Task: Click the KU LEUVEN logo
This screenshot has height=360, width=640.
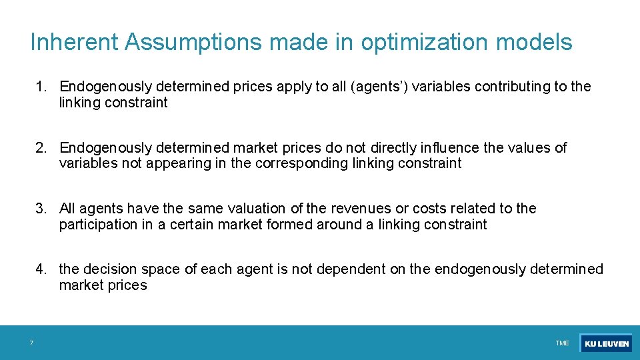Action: pyautogui.click(x=606, y=343)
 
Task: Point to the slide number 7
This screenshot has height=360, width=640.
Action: pyautogui.click(x=31, y=343)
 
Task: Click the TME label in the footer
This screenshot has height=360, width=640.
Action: pyautogui.click(x=562, y=343)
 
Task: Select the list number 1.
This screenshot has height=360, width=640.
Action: pyautogui.click(x=41, y=87)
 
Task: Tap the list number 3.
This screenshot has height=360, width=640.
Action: pyautogui.click(x=41, y=209)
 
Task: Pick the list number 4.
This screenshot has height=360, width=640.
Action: pyautogui.click(x=41, y=269)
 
